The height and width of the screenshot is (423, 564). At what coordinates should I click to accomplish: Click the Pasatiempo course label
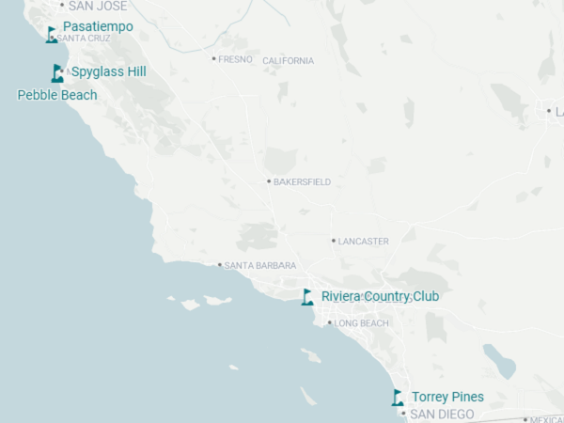[98, 26]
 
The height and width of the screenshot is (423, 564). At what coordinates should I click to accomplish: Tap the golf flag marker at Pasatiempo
[51, 35]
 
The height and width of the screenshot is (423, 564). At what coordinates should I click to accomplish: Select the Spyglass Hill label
[108, 71]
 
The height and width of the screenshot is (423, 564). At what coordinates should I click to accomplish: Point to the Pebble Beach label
[57, 95]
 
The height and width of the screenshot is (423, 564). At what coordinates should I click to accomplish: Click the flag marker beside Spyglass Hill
[57, 72]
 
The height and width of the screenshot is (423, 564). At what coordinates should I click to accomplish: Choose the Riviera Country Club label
[380, 296]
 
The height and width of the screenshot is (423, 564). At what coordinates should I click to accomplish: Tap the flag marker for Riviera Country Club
[306, 297]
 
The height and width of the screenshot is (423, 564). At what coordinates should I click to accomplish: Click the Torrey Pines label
[447, 397]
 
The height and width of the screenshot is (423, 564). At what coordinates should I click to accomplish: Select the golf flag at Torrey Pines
[398, 398]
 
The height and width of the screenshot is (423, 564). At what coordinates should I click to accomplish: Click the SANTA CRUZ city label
[84, 39]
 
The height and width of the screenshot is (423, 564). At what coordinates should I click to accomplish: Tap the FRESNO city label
[235, 59]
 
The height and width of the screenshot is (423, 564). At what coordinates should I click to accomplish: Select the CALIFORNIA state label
[289, 61]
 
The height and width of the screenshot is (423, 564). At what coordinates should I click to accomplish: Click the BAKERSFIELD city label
[302, 181]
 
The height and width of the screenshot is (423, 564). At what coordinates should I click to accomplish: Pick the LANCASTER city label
[363, 242]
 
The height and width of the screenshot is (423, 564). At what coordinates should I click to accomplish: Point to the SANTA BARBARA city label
[260, 266]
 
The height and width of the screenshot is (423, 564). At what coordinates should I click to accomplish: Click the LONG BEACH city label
[362, 323]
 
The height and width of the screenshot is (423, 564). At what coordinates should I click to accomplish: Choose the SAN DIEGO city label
[447, 414]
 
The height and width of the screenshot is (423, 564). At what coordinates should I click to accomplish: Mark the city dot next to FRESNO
[214, 58]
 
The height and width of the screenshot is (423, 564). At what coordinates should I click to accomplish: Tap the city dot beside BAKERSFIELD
[269, 181]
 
